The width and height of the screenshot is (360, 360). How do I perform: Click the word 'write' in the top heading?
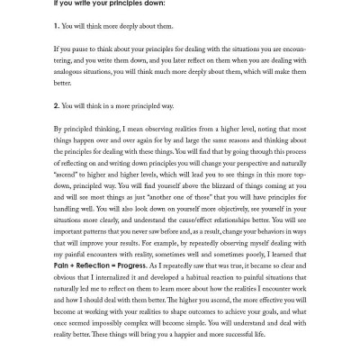(77, 4)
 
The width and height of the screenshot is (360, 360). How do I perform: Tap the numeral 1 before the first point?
(55, 26)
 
